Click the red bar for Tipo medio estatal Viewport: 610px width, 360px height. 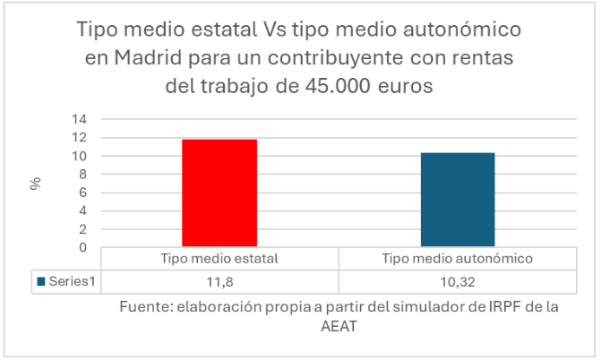219,193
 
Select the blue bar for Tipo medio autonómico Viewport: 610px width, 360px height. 457,200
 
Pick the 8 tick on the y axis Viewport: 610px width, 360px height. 82,175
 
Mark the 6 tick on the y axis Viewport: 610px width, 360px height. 82,193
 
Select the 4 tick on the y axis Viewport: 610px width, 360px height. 82,211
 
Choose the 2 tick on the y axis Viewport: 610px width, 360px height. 82,229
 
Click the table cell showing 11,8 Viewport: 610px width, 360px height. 219,281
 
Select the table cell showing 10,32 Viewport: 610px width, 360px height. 457,281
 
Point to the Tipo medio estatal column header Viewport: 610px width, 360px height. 219,259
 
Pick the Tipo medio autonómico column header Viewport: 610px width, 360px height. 457,259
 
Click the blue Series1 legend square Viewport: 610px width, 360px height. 41,281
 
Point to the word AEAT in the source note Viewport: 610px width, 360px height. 338,327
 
